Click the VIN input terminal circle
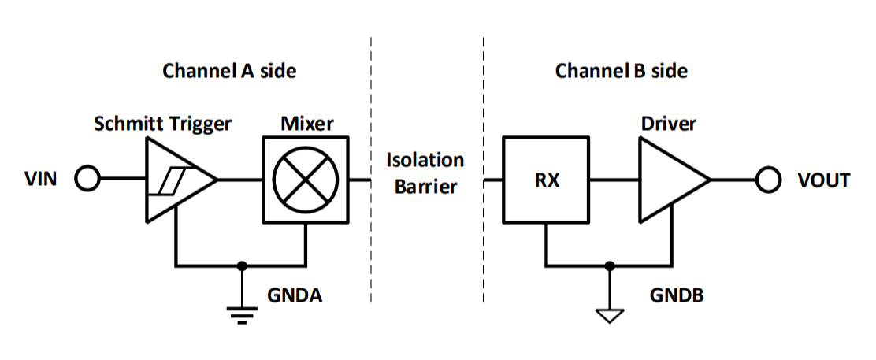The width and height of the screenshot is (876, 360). pos(87,180)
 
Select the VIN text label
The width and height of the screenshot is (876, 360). pos(42,180)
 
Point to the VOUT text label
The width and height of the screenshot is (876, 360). pos(824,180)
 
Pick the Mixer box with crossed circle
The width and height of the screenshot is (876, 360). pos(306,180)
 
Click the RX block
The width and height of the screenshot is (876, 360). pos(546,180)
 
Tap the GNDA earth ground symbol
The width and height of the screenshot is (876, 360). pos(243,316)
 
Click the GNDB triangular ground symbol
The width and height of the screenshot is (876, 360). pos(609,316)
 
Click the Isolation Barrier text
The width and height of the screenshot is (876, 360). pos(425,173)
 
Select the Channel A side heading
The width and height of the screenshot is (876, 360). pos(229,71)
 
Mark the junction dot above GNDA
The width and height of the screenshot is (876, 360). pos(243,265)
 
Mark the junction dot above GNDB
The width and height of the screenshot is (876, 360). pos(609,265)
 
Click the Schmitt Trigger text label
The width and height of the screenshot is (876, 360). pos(162,124)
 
